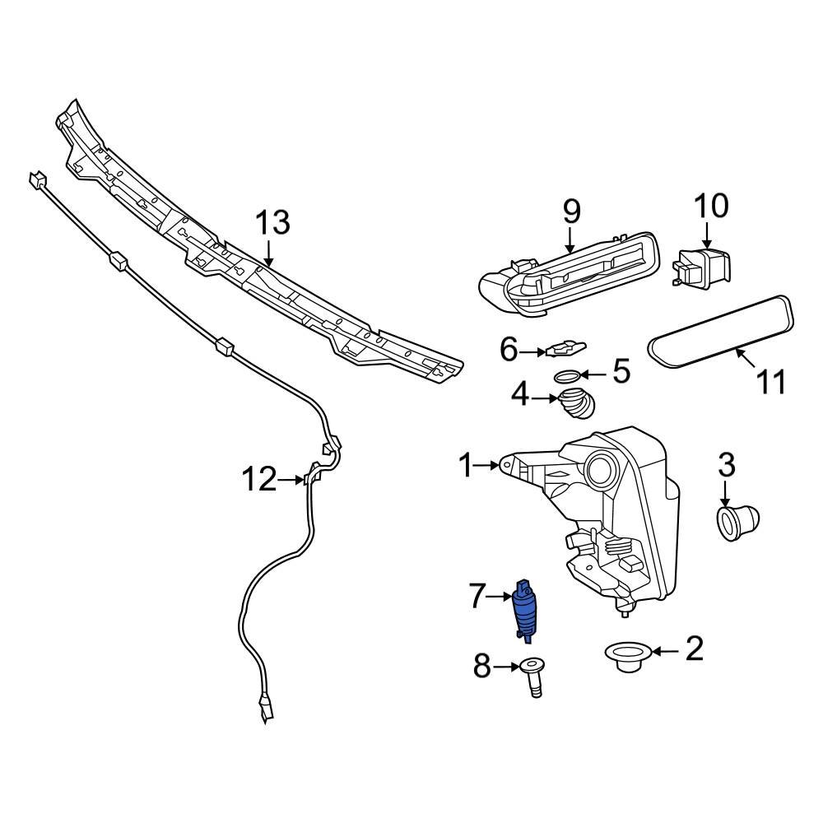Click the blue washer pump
point(523,610)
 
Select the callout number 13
point(272,222)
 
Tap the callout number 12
point(259,478)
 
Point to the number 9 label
point(571,212)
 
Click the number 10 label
point(711,206)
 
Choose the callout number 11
point(771,382)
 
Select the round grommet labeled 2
point(629,656)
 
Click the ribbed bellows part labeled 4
point(576,403)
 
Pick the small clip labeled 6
point(561,350)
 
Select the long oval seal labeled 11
point(723,334)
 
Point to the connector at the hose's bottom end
point(266,707)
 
